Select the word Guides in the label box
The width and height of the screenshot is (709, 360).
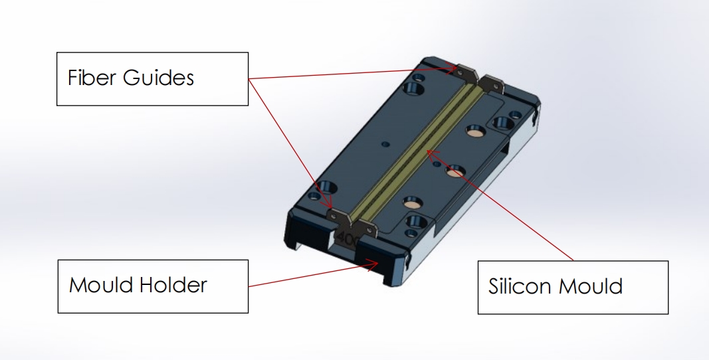pos(158,77)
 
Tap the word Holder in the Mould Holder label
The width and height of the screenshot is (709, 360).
pos(173,285)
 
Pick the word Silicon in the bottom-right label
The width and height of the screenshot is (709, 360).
pos(520,286)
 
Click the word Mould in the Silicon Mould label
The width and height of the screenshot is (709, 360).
pos(591,286)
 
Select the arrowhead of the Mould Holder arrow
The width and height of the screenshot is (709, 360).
pos(371,265)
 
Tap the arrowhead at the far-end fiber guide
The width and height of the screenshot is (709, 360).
pos(451,68)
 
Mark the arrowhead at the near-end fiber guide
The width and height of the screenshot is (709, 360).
pos(328,202)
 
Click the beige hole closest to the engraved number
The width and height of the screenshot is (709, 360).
pos(413,203)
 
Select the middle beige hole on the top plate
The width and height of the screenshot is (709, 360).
pos(455,171)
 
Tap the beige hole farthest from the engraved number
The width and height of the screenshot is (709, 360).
pos(476,131)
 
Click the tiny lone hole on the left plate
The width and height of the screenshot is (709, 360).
pos(385,144)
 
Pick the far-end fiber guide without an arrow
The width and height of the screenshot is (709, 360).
pos(492,84)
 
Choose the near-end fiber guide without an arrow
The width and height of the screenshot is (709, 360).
pos(364,229)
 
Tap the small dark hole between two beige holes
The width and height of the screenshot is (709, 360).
pos(437,163)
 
